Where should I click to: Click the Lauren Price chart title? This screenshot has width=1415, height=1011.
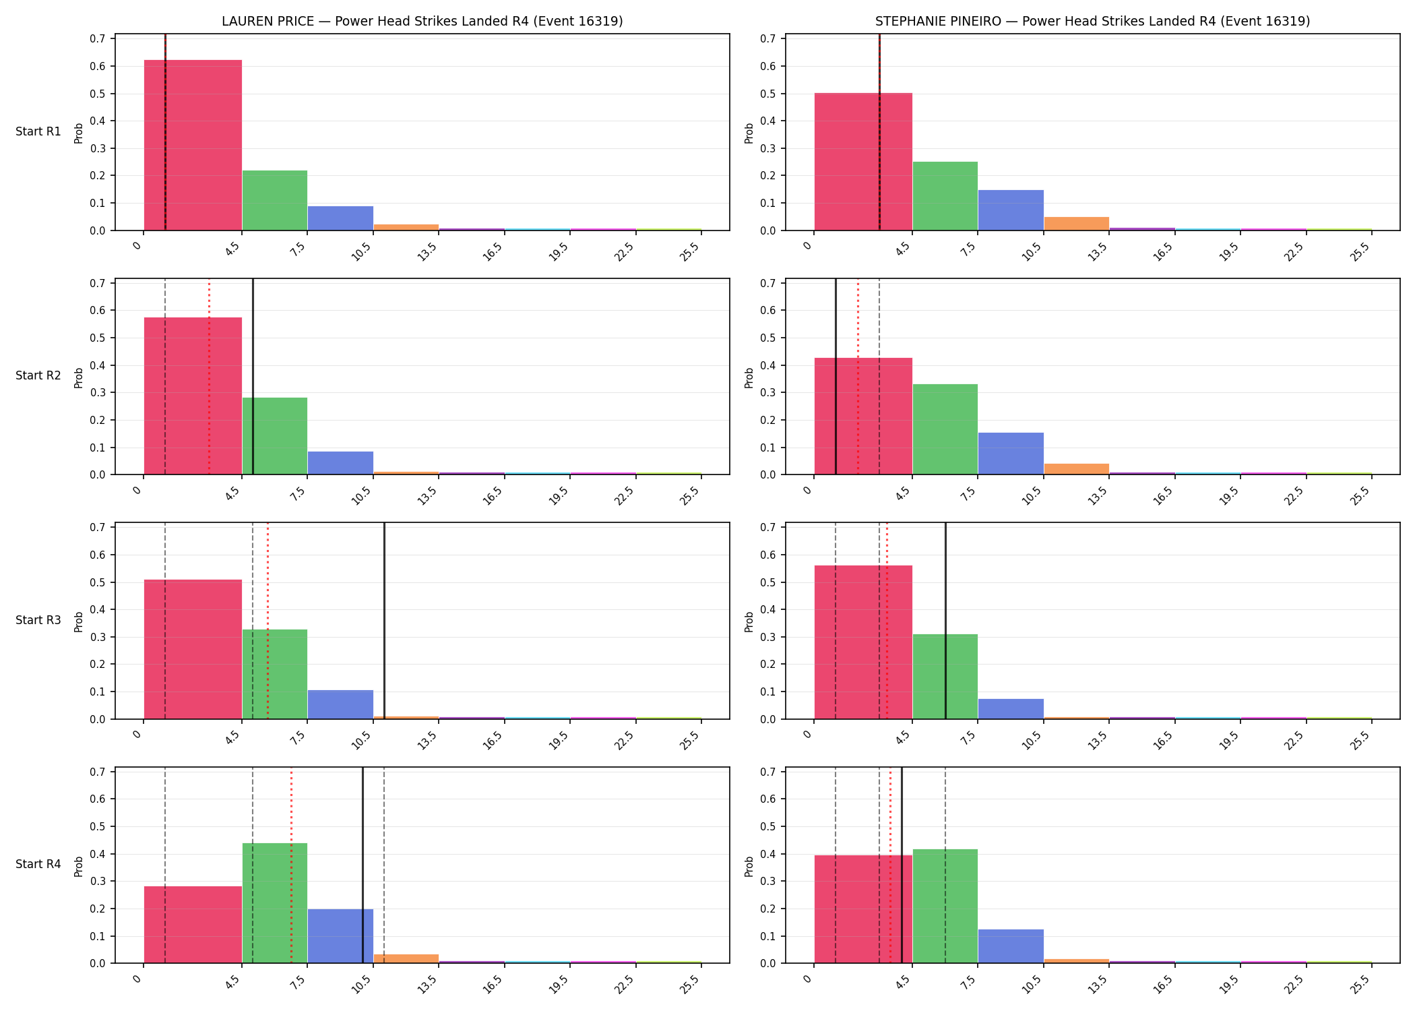pos(422,21)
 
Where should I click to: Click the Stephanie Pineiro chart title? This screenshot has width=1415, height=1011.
pos(1092,21)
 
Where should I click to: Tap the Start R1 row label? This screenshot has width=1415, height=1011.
pos(38,131)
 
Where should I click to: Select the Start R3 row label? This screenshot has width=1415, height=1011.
pos(38,620)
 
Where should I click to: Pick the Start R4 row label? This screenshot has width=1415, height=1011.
pos(38,864)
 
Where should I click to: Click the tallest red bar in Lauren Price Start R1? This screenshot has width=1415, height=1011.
pos(193,145)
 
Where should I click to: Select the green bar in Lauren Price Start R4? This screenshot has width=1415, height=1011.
pos(275,903)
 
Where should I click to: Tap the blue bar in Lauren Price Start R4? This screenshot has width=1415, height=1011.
pos(340,936)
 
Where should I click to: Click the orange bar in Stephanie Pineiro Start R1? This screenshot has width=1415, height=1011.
pos(1076,224)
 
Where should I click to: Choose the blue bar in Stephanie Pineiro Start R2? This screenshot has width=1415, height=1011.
pos(1011,454)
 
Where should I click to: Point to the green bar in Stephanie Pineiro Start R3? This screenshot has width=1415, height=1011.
pos(945,677)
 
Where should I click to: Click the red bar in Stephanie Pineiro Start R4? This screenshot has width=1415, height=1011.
pos(863,909)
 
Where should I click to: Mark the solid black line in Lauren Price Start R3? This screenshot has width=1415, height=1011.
pos(384,621)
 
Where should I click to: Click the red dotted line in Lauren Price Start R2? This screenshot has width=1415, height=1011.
pos(209,377)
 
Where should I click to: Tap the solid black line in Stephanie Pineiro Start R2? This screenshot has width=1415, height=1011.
pos(836,377)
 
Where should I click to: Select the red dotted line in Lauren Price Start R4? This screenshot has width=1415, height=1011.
pos(291,865)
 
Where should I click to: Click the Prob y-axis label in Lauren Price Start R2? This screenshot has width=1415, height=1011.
pos(78,377)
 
